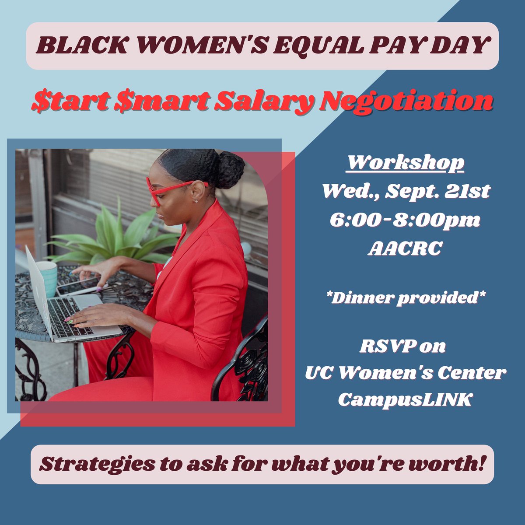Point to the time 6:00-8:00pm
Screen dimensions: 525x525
point(405,220)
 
